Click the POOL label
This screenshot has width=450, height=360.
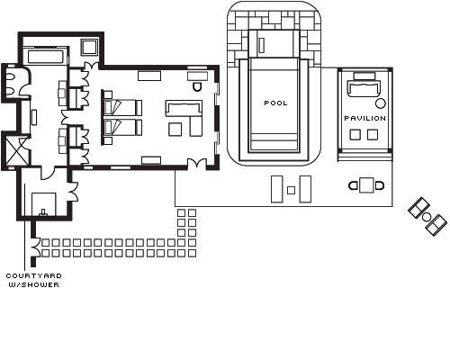tap(275, 103)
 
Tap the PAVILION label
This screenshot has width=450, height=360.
tap(365, 118)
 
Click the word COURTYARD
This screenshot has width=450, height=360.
tap(33, 275)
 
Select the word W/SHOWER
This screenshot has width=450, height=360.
tap(33, 284)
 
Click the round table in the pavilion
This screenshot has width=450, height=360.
tap(381, 103)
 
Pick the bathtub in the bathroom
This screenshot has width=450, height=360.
tap(46, 57)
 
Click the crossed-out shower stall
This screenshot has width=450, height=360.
tap(15, 151)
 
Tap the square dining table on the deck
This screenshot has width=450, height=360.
tap(366, 185)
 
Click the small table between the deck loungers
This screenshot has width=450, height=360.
tap(291, 190)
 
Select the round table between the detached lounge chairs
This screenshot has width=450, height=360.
tap(427, 217)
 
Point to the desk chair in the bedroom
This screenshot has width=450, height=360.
tap(197, 86)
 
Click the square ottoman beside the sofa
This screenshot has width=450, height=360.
tap(175, 129)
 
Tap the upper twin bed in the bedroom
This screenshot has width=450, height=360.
tap(122, 108)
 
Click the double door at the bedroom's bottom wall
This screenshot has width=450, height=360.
tap(197, 164)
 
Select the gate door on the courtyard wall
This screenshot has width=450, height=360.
tap(36, 247)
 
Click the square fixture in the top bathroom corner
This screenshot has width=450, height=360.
tap(89, 47)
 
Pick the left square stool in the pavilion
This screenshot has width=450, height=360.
tap(355, 134)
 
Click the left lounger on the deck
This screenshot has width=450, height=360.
tap(277, 189)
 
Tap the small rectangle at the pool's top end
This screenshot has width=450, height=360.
tap(262, 45)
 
